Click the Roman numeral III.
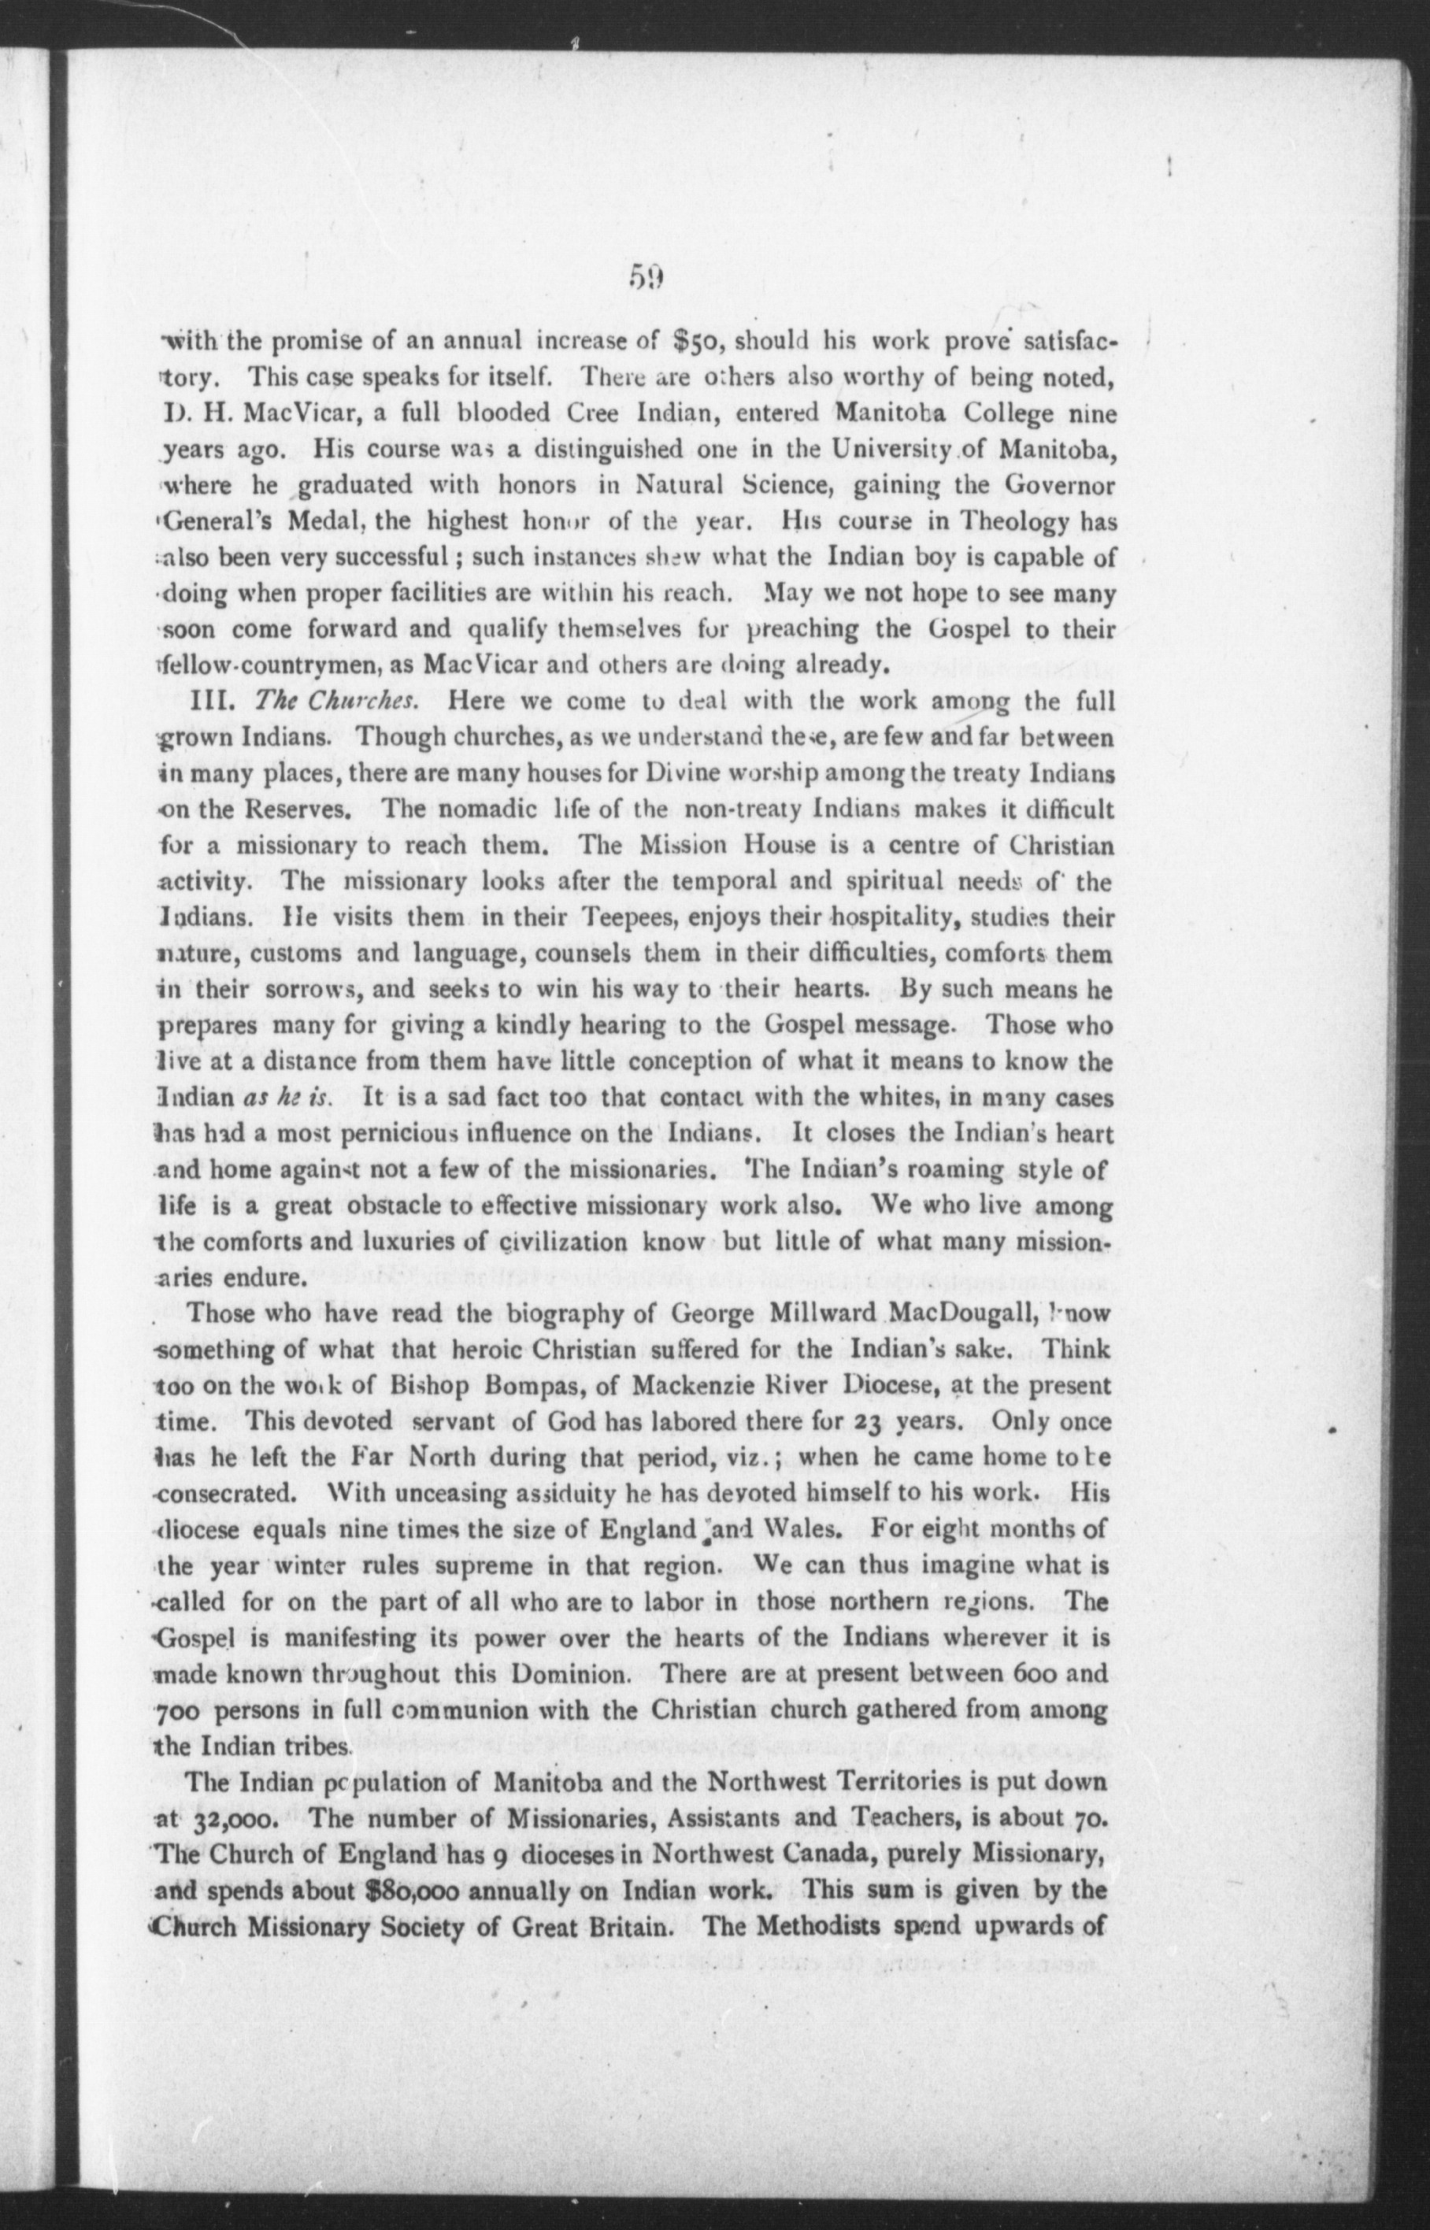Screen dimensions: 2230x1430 [x=211, y=702]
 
